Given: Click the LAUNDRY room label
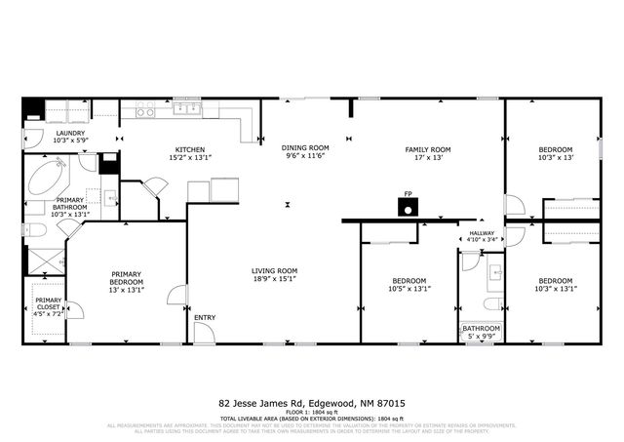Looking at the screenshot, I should point(71,134).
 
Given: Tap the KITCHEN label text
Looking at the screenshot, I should point(189,148).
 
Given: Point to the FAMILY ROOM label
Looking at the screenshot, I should point(431,149).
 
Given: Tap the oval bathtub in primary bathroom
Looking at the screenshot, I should point(47,179).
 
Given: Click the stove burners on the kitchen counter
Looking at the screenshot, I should point(145,111).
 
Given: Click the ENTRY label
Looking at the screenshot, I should point(205,317).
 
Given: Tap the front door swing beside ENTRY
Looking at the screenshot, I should point(202,333).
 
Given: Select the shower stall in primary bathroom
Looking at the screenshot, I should point(45,261).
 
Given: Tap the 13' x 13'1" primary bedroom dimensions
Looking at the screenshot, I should point(128,289).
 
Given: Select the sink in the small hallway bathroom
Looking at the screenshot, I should point(493,270).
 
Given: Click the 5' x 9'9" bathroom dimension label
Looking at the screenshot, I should point(482,337).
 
